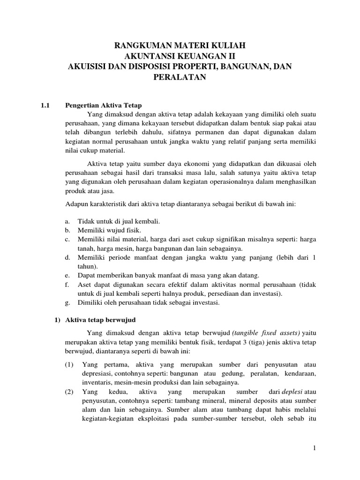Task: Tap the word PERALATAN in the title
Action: (180, 77)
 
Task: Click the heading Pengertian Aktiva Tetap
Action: (103, 105)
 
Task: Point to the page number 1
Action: (315, 449)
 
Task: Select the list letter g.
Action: (67, 302)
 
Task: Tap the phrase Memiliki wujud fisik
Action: (109, 230)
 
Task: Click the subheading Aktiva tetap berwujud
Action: (100, 320)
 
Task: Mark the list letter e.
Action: (67, 275)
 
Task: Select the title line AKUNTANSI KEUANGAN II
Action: (180, 56)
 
